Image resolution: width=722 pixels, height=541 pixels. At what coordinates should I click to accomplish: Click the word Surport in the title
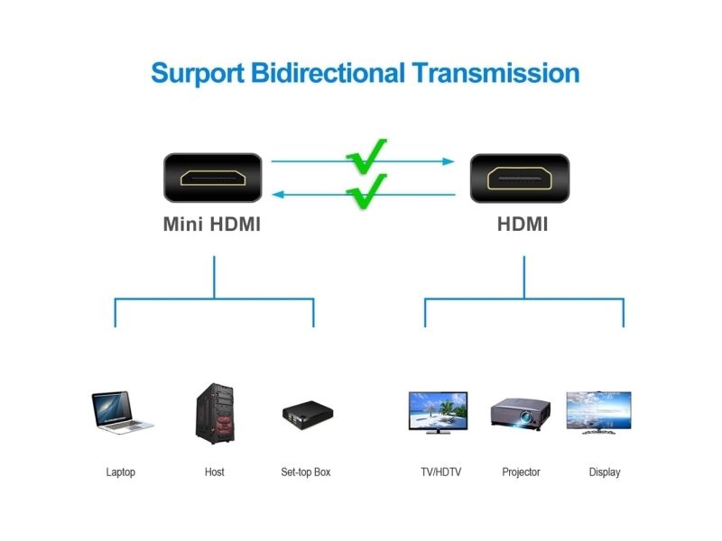coord(198,74)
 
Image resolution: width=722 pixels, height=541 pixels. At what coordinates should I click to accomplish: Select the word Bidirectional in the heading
coord(328,73)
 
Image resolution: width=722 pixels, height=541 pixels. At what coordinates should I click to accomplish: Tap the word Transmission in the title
coord(495,73)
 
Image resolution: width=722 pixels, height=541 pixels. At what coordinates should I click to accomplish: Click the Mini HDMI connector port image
coord(213,178)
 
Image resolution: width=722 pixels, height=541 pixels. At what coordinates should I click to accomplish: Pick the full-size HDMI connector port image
coord(520,178)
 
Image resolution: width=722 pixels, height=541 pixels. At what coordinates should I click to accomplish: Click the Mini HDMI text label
coord(212,224)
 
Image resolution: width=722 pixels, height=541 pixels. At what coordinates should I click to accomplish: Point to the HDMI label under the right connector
coord(523,224)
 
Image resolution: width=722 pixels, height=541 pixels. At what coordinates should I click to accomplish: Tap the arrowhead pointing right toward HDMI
coord(449,161)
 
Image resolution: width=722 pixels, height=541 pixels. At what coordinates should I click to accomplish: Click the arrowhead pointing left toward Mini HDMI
coord(278,195)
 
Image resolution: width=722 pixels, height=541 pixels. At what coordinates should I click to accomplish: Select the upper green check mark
coord(366,156)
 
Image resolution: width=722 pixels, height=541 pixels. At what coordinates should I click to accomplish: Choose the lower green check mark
coord(366,191)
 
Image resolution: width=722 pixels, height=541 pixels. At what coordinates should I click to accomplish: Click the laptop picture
coord(122,412)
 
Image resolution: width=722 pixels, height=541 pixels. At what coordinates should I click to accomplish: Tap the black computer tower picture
coord(215,414)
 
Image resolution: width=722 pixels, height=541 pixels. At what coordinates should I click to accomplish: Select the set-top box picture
coord(308,415)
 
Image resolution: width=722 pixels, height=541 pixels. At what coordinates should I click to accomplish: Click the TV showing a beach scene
coord(439,413)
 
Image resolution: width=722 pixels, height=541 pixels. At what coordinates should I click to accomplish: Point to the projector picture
coord(521,413)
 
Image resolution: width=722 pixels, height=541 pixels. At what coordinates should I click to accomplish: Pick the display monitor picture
coord(598,412)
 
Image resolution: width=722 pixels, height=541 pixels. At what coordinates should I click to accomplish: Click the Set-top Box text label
coord(306,472)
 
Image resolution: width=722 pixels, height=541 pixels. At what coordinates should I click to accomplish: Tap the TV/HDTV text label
coord(440,472)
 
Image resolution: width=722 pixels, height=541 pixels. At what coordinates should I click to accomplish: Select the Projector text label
coord(521,472)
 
